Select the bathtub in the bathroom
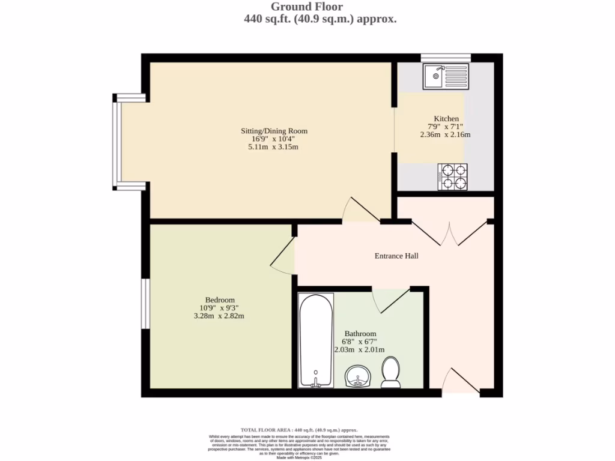point(316,341)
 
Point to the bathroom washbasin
point(359,378)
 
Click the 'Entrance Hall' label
point(396,256)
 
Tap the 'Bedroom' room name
point(220,300)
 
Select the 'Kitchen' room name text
point(446,119)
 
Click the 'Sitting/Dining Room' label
point(274,131)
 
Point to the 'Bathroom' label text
point(360,334)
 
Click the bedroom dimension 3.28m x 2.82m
point(220,316)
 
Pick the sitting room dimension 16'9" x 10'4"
point(274,139)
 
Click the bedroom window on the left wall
point(145,303)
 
